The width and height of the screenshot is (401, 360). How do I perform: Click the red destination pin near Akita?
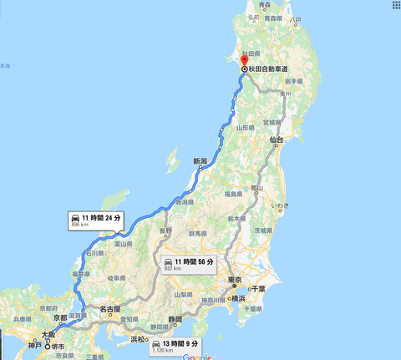pos(244,60)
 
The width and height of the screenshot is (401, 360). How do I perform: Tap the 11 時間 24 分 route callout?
pos(97,221)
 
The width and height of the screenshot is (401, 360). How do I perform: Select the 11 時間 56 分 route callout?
pos(192,266)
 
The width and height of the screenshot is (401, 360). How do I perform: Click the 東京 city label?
pos(235,281)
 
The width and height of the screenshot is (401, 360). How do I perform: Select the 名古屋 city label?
pos(111,309)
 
